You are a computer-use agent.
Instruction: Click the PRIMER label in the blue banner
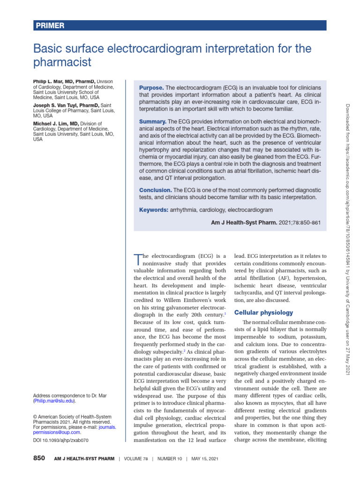pyautogui.click(x=50, y=26)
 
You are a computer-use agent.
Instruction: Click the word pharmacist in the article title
pyautogui.click(x=62, y=62)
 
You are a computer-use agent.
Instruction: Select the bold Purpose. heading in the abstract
pyautogui.click(x=151, y=88)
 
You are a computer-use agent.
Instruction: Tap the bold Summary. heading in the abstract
pyautogui.click(x=153, y=121)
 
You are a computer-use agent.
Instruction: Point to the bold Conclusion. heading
pyautogui.click(x=156, y=190)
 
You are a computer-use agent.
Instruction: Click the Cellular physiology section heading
pyautogui.click(x=264, y=312)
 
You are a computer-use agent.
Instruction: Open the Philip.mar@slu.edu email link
pyautogui.click(x=54, y=401)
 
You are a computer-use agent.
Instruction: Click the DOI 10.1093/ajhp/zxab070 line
pyautogui.click(x=60, y=441)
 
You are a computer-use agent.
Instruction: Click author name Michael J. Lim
pyautogui.click(x=53, y=124)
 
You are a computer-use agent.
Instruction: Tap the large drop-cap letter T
pyautogui.click(x=137, y=259)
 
